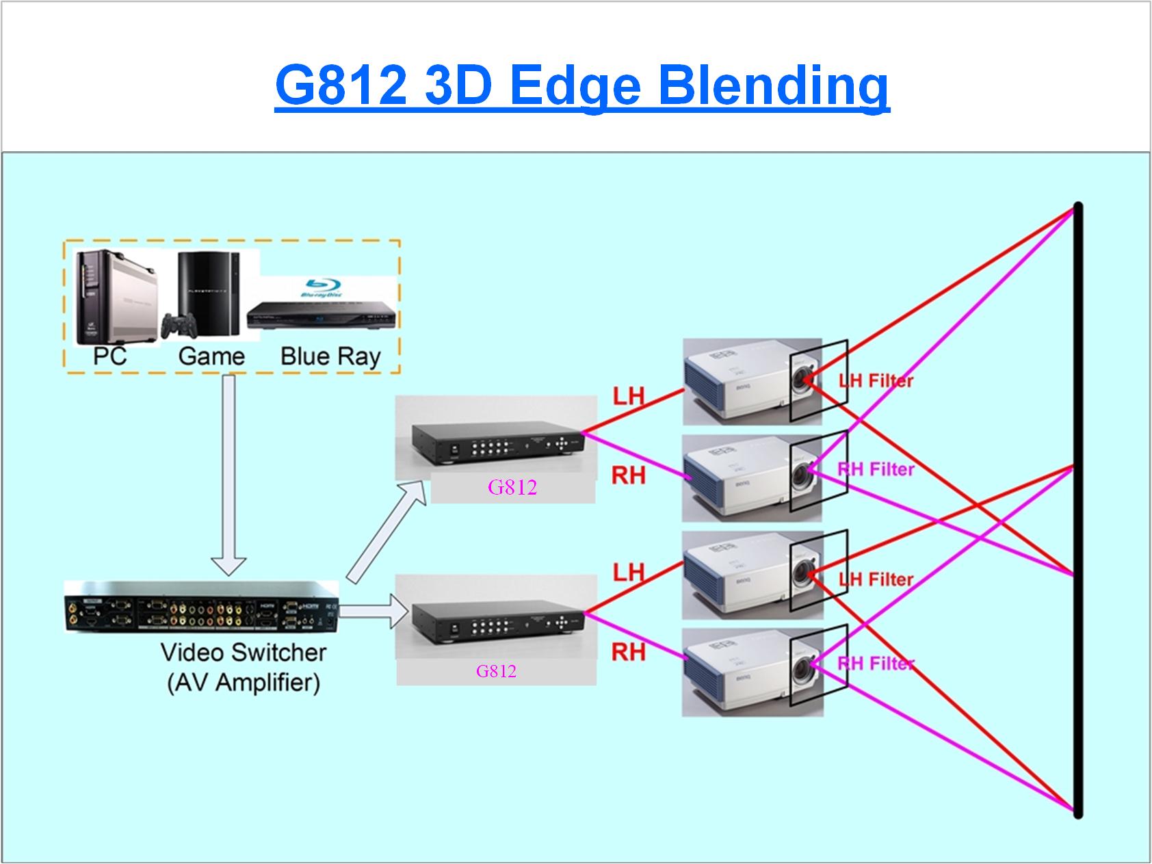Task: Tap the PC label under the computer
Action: (109, 356)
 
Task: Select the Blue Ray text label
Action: (330, 356)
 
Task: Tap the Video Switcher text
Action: (244, 652)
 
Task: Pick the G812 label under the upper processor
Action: (512, 487)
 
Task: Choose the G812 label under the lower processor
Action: (496, 671)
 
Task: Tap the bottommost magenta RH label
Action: (628, 652)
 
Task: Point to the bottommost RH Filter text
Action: (876, 663)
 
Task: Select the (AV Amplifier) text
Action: (244, 683)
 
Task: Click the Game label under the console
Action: (211, 356)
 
